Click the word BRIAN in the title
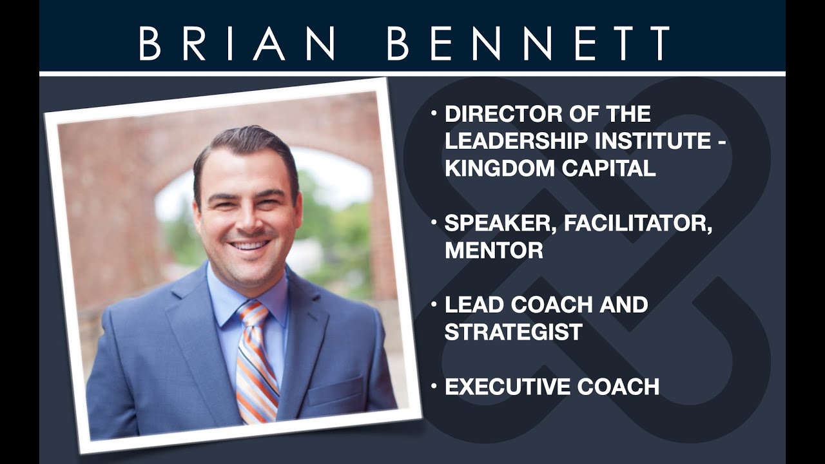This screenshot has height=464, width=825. tap(237, 43)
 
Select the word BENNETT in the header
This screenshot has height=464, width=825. tap(529, 43)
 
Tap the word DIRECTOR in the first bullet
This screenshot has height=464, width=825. tap(502, 114)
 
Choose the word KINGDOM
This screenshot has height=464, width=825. tap(499, 168)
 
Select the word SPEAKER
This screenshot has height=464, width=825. tap(501, 224)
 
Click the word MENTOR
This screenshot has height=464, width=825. tap(494, 251)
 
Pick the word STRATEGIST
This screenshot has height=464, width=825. tap(514, 332)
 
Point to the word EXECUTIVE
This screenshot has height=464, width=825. tap(507, 387)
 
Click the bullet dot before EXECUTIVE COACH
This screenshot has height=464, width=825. tap(434, 385)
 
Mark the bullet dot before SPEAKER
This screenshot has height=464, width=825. tap(434, 222)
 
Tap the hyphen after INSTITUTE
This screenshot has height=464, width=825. tap(722, 143)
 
